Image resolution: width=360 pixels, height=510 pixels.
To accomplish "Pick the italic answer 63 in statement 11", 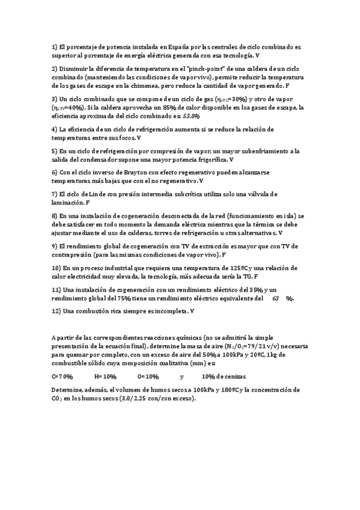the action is coord(275,298).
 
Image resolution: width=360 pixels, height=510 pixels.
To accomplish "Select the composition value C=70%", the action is coord(62,376).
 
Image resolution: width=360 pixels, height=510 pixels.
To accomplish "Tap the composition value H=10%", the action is coord(105,376).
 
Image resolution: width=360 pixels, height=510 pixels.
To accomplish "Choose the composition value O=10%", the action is coord(148,376).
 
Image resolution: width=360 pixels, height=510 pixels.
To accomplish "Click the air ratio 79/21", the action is coord(255,346).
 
